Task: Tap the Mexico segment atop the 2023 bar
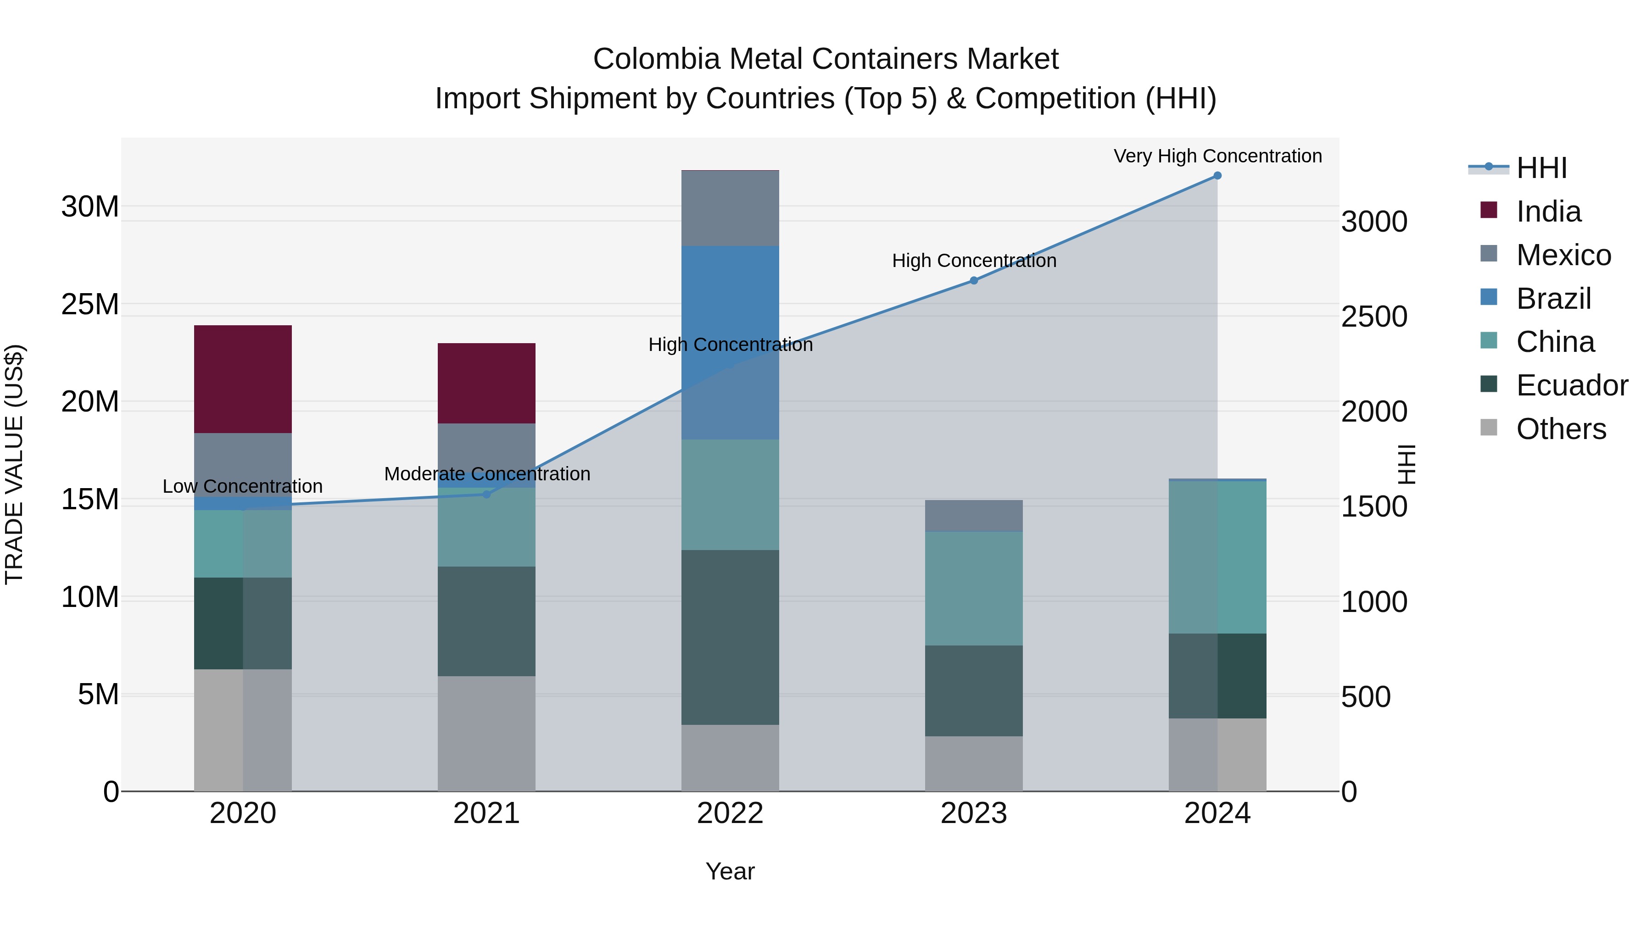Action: pyautogui.click(x=973, y=516)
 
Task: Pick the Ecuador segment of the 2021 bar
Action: pyautogui.click(x=486, y=621)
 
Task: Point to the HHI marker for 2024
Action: pyautogui.click(x=1217, y=176)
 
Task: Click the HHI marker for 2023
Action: pyautogui.click(x=973, y=280)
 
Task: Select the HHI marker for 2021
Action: pyautogui.click(x=486, y=494)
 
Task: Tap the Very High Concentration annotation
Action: pyautogui.click(x=1217, y=156)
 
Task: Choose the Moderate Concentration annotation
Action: pyautogui.click(x=487, y=474)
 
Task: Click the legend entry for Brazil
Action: pyautogui.click(x=1553, y=298)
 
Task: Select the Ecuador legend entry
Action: pyautogui.click(x=1571, y=385)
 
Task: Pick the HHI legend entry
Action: pyautogui.click(x=1541, y=168)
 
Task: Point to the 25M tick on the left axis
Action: pyautogui.click(x=90, y=305)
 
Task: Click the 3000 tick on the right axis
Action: pyautogui.click(x=1373, y=222)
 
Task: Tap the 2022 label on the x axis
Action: pyautogui.click(x=730, y=813)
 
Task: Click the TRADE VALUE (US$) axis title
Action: pyautogui.click(x=14, y=464)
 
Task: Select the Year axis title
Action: pyautogui.click(x=730, y=871)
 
